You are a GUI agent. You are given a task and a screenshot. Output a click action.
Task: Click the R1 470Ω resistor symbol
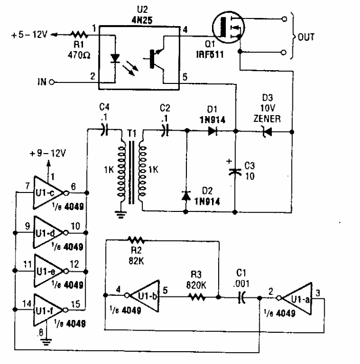pos(80,34)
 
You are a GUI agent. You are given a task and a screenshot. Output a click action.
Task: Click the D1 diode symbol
pos(211,131)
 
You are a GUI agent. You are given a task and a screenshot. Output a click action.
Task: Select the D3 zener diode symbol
pos(264,131)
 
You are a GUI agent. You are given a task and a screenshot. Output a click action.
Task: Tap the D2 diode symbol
pos(186,195)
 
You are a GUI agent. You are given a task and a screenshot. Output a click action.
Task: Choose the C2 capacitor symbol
pos(165,131)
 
